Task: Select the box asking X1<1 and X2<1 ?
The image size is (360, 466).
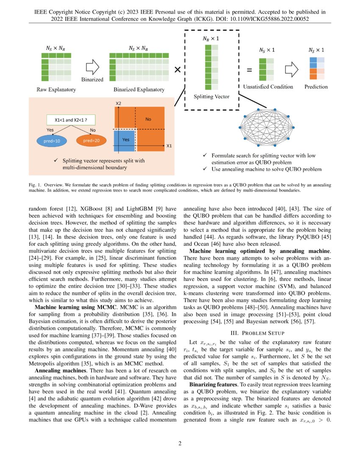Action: [x=71, y=119]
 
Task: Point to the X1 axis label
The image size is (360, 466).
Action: [x=169, y=146]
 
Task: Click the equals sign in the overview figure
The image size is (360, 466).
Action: [x=249, y=71]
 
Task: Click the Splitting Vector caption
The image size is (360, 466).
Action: [x=212, y=97]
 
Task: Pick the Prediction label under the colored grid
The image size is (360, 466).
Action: [x=316, y=87]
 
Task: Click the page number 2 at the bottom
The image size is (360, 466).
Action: [x=180, y=444]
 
